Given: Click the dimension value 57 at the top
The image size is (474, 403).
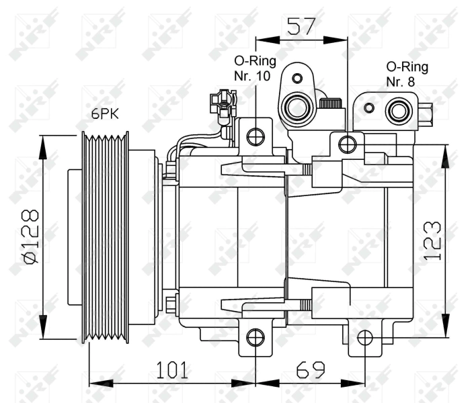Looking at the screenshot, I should coord(302,26).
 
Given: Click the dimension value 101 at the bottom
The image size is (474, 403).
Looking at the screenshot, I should coord(172,370).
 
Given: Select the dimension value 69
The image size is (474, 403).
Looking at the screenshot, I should coord(309,370).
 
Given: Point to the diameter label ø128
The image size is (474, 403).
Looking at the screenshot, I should coord(29,237).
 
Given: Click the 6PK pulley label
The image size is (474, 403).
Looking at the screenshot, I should coord(105,114).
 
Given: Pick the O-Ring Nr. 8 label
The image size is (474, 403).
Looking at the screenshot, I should coord(407,74).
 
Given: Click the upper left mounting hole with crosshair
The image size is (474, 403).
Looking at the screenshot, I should coord(255,137).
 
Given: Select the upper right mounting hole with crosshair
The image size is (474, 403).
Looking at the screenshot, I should coord(347,144).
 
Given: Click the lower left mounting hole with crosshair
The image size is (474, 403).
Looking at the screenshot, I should coord(255,337).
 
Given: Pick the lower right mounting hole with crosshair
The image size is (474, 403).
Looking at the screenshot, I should coord(364,337).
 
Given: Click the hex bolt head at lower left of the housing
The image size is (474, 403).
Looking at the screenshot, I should coord(171,304).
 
